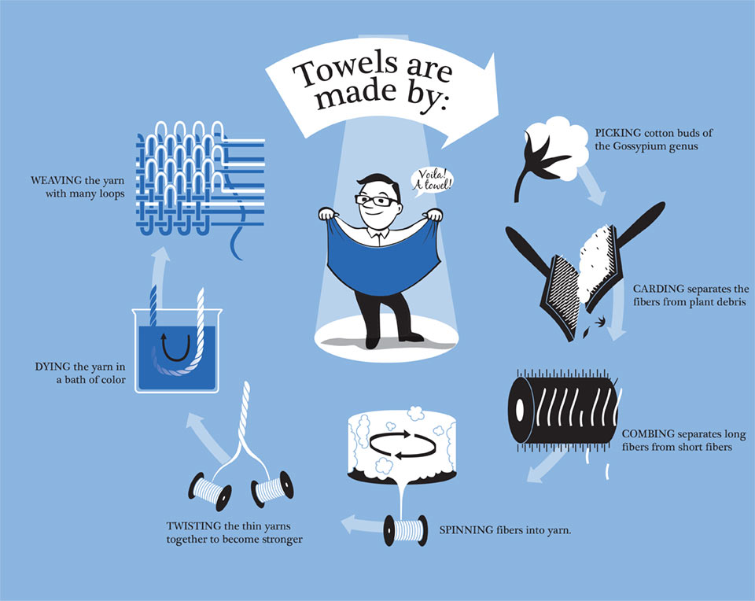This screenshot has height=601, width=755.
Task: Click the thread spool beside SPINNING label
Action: click(x=406, y=529)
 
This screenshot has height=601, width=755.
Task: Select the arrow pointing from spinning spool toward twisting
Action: click(x=362, y=525)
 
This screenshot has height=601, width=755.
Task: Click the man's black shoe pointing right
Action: click(x=411, y=337)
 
